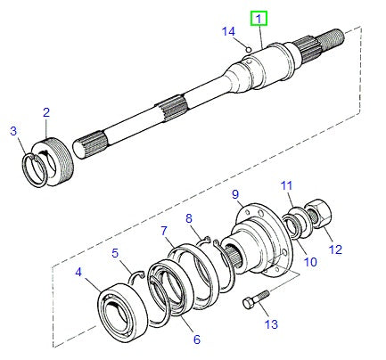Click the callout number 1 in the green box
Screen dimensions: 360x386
coord(259,18)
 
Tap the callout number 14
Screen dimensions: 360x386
coord(227,30)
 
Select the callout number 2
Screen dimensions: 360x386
coord(45,112)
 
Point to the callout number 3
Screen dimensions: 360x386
coord(13,131)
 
